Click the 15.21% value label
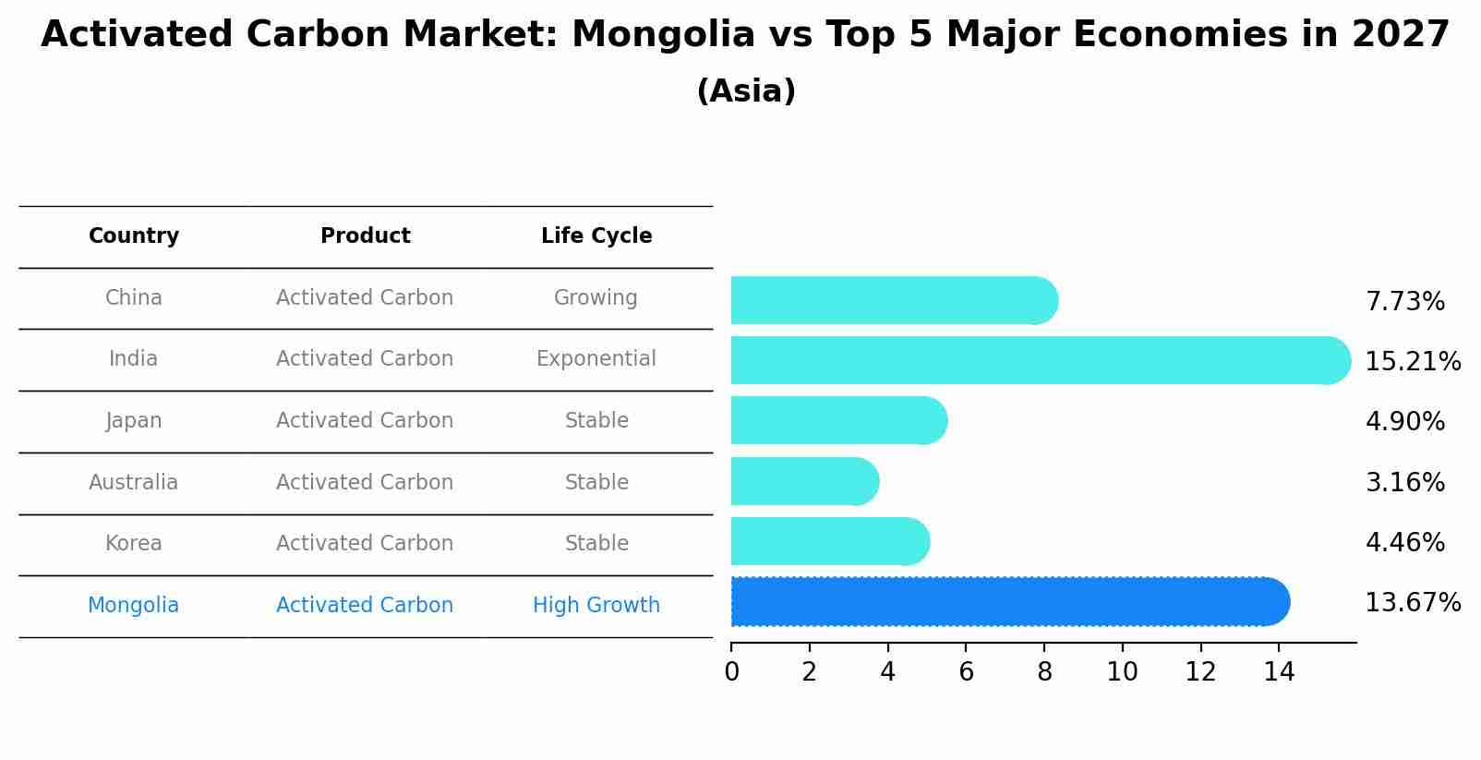coord(1412,361)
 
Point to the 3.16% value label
coord(1404,482)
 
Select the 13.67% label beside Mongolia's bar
coord(1412,603)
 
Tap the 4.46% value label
coord(1404,542)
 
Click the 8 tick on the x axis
coord(1044,671)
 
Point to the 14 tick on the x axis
coord(1279,671)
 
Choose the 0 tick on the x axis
coord(731,671)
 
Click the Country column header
coord(134,236)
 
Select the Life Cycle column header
coord(596,236)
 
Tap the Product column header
coord(365,236)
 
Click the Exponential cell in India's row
coord(596,358)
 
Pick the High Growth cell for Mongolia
coord(596,605)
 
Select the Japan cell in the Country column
coord(134,420)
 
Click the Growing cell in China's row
coord(596,297)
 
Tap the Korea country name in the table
coord(134,543)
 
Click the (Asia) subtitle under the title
coord(746,91)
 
